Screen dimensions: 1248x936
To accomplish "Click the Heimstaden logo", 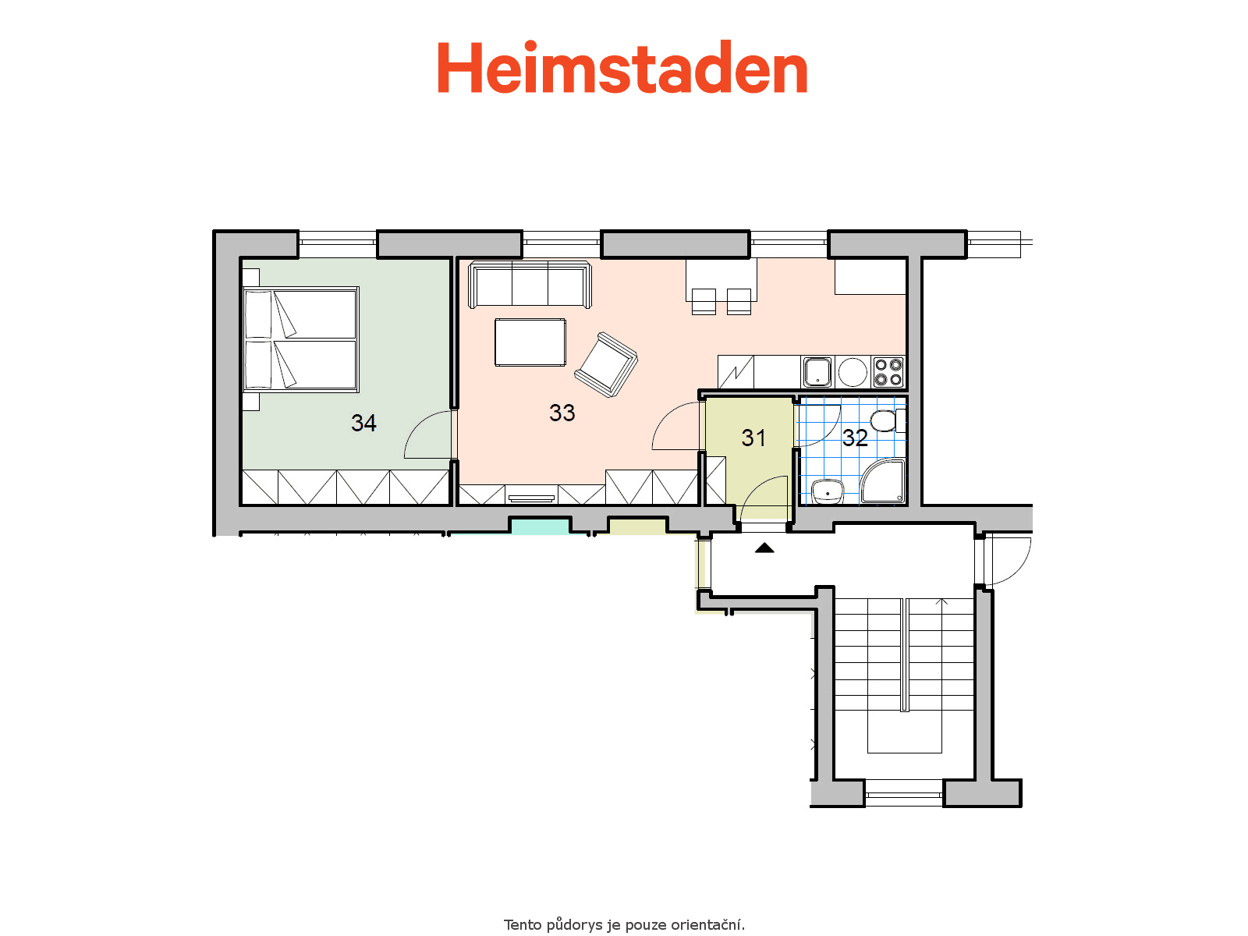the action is pyautogui.click(x=622, y=66).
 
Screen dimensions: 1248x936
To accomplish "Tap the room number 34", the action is pyautogui.click(x=363, y=423).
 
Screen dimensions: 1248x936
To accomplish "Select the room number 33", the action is pyautogui.click(x=562, y=413).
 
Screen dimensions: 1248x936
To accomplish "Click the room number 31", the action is pyautogui.click(x=753, y=438).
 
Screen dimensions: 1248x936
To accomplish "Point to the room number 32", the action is pyautogui.click(x=855, y=438).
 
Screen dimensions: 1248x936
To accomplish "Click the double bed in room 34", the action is pyautogui.click(x=301, y=340).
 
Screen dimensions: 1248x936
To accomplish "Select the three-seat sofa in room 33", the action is pyautogui.click(x=530, y=284).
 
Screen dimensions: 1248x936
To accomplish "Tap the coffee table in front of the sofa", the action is pyautogui.click(x=530, y=342).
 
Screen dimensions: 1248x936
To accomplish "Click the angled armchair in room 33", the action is pyautogui.click(x=606, y=364).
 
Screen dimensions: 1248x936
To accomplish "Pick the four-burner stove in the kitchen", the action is pyautogui.click(x=888, y=372).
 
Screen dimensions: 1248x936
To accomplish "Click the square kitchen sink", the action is pyautogui.click(x=817, y=372).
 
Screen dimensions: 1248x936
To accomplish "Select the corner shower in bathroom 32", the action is pyautogui.click(x=882, y=482).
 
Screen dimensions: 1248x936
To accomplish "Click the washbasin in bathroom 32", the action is pyautogui.click(x=827, y=491).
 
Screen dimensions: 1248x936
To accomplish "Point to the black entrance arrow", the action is pyautogui.click(x=764, y=548).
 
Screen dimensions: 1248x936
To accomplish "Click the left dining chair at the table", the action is pyautogui.click(x=704, y=301).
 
